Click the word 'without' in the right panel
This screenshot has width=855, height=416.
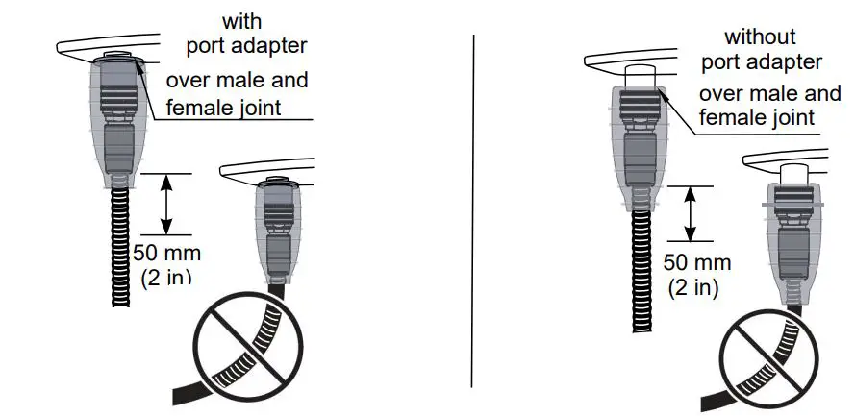pos(761,37)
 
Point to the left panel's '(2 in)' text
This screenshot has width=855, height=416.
pos(166,279)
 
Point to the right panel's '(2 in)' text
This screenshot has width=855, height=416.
pos(692,286)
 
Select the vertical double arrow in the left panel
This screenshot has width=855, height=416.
pos(166,204)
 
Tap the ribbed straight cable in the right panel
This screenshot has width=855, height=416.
pos(639,268)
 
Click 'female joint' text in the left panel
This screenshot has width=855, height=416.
pos(224,107)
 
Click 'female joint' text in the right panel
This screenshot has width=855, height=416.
pos(757,118)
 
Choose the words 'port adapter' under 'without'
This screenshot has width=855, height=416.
pos(761,62)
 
